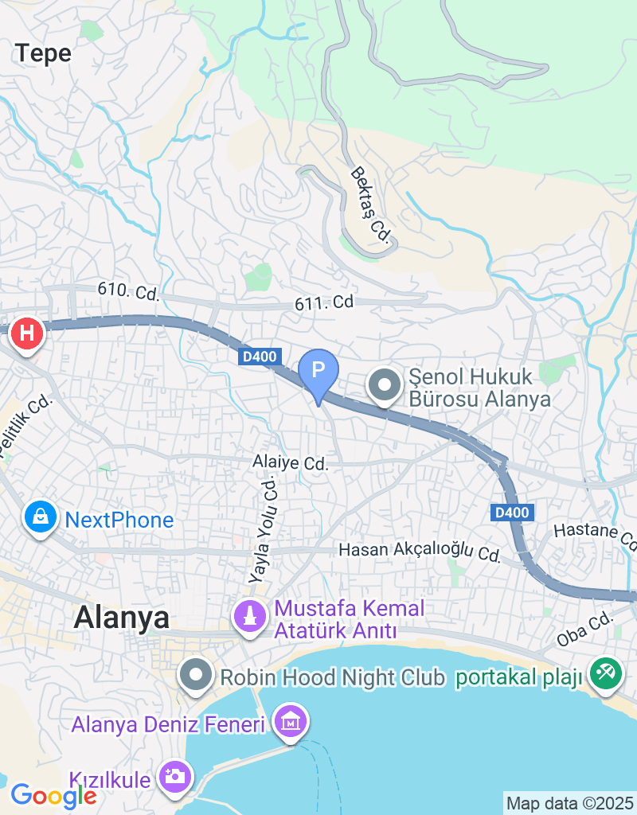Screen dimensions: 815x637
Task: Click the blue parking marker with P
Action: pos(318,371)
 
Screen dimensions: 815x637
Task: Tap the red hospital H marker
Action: pos(26,332)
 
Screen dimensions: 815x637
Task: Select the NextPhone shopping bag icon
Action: pos(40,518)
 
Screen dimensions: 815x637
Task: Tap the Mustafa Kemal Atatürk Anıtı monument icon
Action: pos(249,616)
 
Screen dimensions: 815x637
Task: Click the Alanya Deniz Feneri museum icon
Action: pos(290,723)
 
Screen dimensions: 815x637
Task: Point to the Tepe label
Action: pos(44,53)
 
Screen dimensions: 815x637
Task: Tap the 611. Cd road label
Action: pos(323,302)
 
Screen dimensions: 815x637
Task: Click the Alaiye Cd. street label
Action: pos(290,462)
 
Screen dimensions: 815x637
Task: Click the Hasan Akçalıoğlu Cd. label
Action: pos(420,551)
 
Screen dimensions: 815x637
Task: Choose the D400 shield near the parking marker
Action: pos(260,358)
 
